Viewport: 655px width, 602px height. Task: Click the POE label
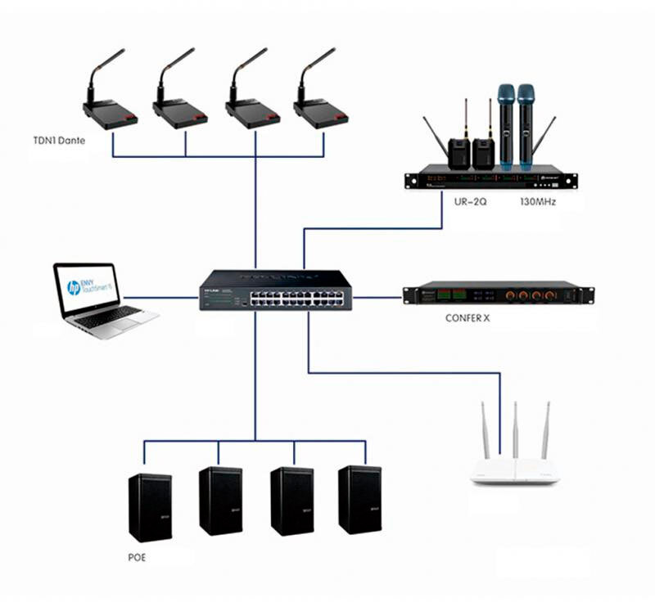click(x=138, y=558)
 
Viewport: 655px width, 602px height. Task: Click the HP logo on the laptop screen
click(x=74, y=287)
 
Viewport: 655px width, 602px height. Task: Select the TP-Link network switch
click(x=275, y=290)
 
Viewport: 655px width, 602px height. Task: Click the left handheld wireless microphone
click(x=505, y=123)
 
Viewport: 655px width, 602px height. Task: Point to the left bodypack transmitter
click(x=460, y=152)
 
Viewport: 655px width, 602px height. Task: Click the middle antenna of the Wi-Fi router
click(x=515, y=429)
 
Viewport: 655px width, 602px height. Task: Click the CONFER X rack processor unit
click(x=499, y=294)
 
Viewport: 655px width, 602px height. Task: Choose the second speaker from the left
click(x=220, y=501)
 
